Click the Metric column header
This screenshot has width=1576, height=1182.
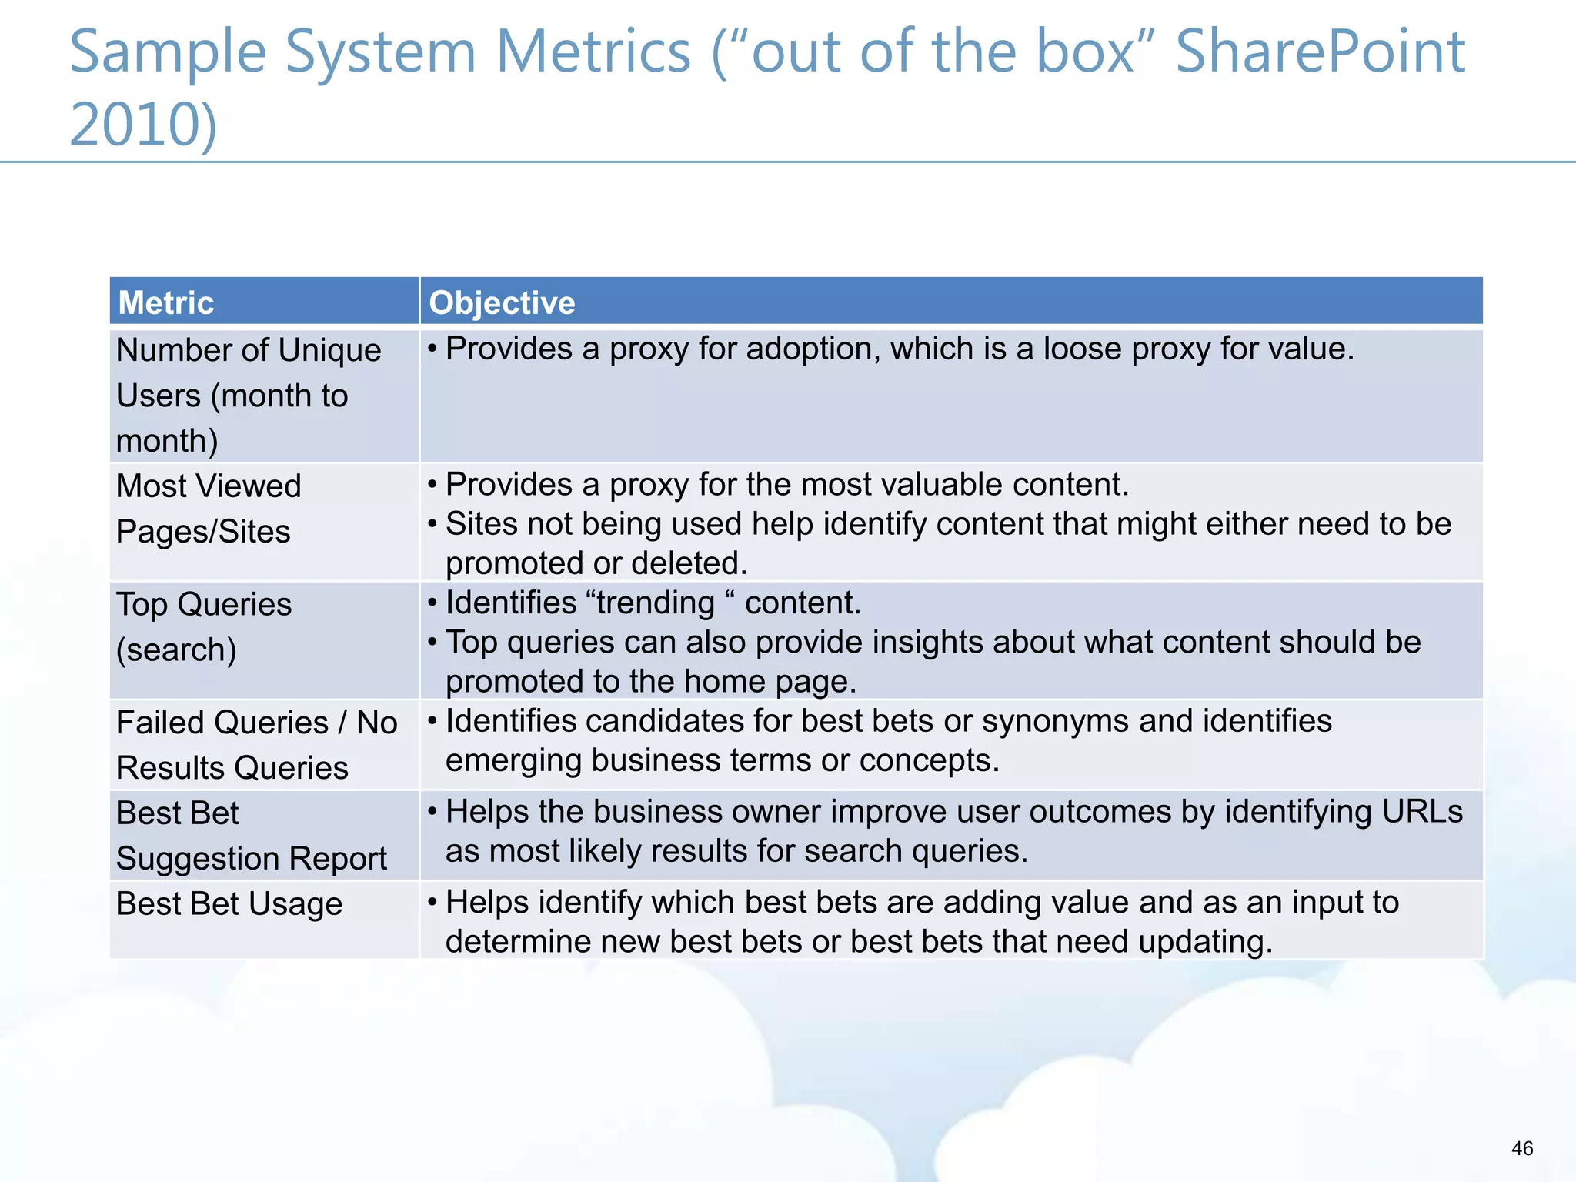point(165,302)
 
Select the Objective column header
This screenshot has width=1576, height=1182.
point(502,302)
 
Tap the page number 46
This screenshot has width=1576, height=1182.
point(1522,1148)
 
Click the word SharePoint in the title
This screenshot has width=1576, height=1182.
point(1320,52)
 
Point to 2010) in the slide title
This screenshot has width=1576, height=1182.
point(144,125)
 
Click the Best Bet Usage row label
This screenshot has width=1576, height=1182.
point(229,904)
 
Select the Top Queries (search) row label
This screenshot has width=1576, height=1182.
point(203,627)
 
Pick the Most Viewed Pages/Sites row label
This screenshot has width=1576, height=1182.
point(208,509)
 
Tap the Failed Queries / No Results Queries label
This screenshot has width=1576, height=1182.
point(256,745)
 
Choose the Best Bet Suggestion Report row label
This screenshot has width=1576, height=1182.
point(251,836)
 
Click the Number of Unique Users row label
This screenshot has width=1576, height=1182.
point(248,395)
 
